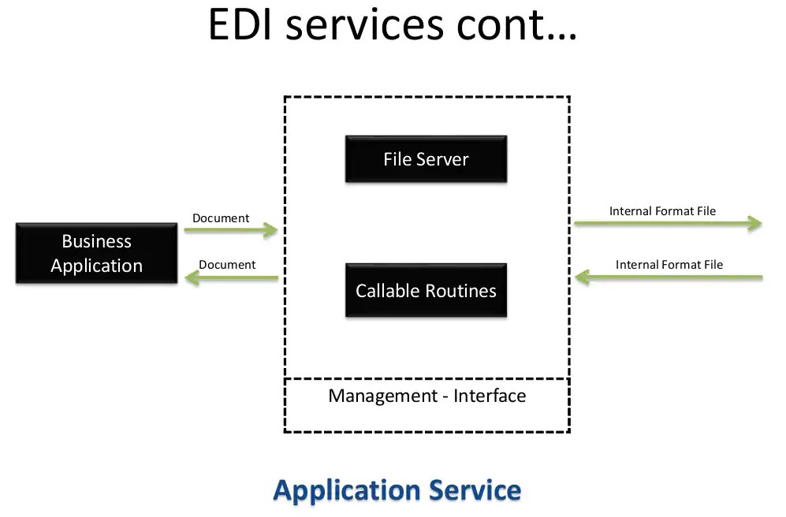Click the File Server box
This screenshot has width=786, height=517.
pos(426,159)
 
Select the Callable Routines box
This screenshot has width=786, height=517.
pos(426,291)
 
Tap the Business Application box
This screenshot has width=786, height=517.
pos(96,253)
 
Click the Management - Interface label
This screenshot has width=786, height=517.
pos(427,395)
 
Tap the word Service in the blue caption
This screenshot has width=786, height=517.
pos(475,490)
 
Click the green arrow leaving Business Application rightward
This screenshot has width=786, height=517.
pos(230,230)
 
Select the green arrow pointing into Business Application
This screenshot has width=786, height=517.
pos(230,277)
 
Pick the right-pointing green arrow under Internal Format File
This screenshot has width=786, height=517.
pos(667,224)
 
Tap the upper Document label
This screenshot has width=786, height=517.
pos(221,218)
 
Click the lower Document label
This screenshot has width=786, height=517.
pos(227,265)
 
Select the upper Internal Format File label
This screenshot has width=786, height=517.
pos(662,211)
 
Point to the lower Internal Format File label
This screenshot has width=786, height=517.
pos(669,265)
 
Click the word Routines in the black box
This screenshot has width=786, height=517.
pos(460,291)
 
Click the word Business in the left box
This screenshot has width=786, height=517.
pos(96,241)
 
